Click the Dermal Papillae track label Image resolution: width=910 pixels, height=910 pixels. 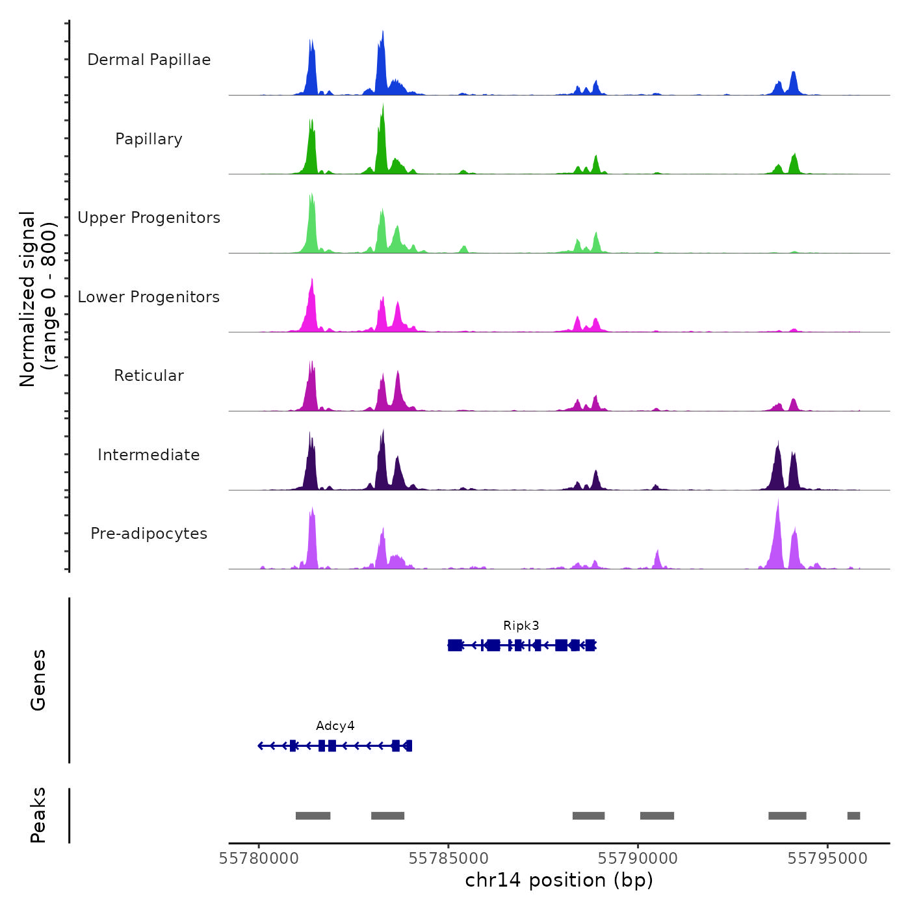[x=149, y=60]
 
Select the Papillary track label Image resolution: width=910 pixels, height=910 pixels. [x=149, y=139]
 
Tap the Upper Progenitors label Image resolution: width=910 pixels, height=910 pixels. [x=149, y=218]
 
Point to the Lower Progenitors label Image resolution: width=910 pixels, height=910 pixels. [x=149, y=297]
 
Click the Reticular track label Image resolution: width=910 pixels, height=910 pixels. [x=149, y=376]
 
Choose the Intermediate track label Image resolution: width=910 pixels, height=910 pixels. [x=149, y=455]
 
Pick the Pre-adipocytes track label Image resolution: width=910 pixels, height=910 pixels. [x=149, y=534]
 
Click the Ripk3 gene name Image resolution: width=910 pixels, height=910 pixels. [x=521, y=626]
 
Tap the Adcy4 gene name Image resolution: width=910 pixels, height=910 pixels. [x=335, y=726]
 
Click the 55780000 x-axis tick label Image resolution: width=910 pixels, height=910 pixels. [x=259, y=859]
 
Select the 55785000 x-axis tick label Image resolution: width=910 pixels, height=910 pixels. [x=448, y=859]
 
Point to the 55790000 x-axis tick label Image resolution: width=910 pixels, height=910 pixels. [x=638, y=859]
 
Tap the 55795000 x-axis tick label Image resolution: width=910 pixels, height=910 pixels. [x=827, y=859]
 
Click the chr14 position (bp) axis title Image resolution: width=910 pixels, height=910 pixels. [x=559, y=881]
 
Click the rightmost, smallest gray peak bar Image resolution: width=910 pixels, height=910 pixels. [x=853, y=816]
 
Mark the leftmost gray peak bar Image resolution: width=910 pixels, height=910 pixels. [x=313, y=816]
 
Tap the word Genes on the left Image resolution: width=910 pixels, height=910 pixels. [x=38, y=680]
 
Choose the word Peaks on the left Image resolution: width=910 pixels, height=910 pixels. [x=38, y=815]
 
